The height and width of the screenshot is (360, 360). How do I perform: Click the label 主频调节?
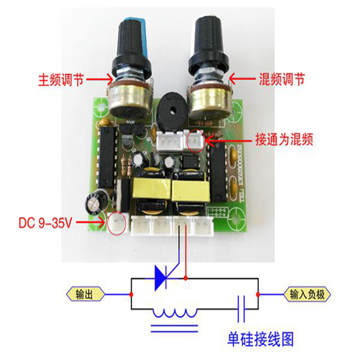click(60, 80)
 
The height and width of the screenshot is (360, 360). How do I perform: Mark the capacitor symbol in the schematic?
click(241, 308)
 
